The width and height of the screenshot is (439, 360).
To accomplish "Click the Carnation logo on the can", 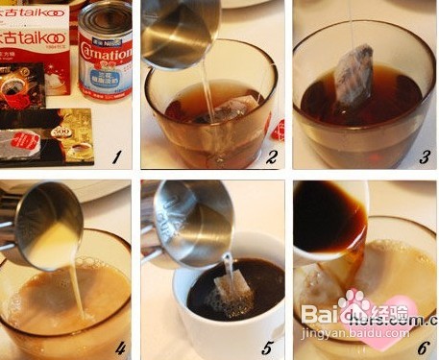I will point(105,48).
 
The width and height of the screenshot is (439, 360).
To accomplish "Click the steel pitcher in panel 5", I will point(187,221).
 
